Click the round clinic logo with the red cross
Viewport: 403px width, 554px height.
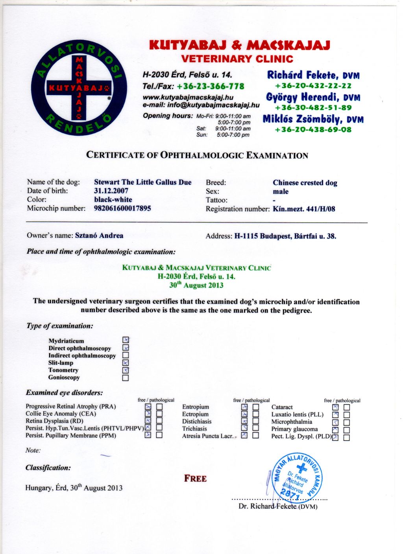coord(79,87)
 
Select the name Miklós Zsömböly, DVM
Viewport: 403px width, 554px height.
coord(313,119)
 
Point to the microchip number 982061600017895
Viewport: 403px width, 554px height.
coord(122,208)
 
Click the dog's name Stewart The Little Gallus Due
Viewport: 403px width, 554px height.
coord(142,182)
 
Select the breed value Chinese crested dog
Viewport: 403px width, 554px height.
coord(305,183)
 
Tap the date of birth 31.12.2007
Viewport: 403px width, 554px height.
coord(111,191)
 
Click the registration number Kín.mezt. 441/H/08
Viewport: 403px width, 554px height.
coord(304,209)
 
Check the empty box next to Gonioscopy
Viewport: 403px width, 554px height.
coord(126,378)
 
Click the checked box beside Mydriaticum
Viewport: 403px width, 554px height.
coord(126,340)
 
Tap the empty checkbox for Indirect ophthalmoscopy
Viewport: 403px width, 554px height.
coord(126,355)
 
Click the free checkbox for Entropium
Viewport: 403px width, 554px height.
coord(244,407)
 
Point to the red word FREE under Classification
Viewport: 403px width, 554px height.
coord(195,479)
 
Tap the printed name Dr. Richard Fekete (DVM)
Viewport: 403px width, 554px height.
coord(278,506)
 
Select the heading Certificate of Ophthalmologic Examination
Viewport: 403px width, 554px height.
coord(197,155)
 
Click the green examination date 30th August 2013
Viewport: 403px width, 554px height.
coord(196,285)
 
